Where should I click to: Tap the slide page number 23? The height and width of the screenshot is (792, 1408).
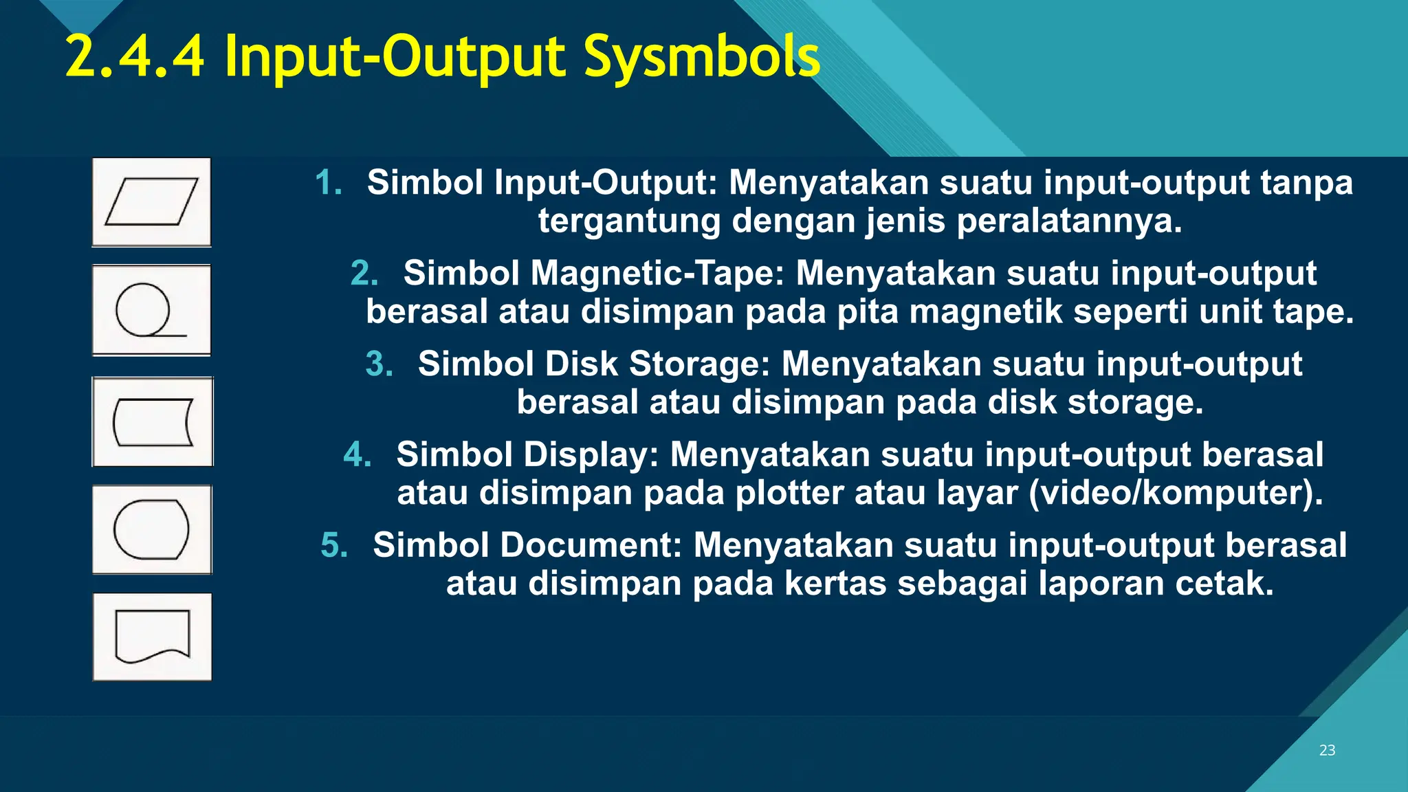pos(1327,750)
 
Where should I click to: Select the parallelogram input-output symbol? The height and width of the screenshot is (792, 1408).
pos(151,202)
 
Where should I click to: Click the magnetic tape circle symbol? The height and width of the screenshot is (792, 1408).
pos(151,311)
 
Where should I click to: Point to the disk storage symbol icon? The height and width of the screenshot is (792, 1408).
pos(153,422)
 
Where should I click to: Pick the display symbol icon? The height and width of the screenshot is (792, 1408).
pos(152,529)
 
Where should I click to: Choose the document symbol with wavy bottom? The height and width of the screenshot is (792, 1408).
pos(152,637)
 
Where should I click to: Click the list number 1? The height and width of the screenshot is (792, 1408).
pos(329,183)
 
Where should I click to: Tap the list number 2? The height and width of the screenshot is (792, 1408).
pos(364,273)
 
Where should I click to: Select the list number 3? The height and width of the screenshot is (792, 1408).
pos(379,364)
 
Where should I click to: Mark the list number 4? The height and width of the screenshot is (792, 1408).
pos(357,454)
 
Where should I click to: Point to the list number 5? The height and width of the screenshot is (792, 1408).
pos(335,545)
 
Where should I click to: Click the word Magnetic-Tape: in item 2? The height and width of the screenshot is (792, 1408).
pos(657,273)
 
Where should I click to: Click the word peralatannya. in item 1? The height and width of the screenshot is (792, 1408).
pos(1069,221)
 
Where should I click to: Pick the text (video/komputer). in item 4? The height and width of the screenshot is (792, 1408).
pos(1176,493)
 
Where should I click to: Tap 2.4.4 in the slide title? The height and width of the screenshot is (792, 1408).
pos(135,56)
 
